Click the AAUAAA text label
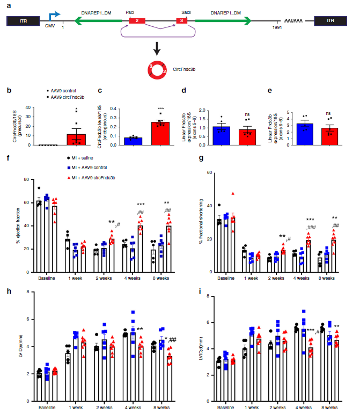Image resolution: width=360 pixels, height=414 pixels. pos(294,21)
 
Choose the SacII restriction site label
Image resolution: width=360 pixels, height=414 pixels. pos(186,11)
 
